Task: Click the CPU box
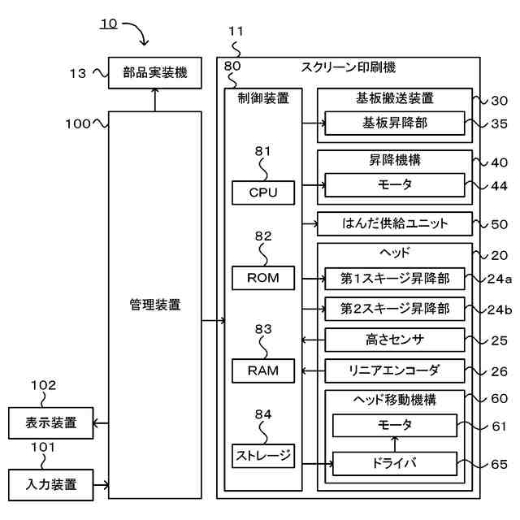pos(262,193)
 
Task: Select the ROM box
pos(262,278)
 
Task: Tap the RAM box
pos(262,370)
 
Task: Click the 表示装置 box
pos(51,422)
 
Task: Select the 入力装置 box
pos(51,485)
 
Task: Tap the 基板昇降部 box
pos(394,123)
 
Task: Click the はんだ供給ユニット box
pos(394,223)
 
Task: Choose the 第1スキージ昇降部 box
pos(394,279)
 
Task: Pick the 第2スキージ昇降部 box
pos(394,309)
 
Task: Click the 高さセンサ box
pos(394,339)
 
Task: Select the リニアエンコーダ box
pos(394,370)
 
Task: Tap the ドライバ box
pos(394,464)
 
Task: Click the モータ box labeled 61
pos(394,425)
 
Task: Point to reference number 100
pos(79,124)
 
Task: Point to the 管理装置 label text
pos(154,305)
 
